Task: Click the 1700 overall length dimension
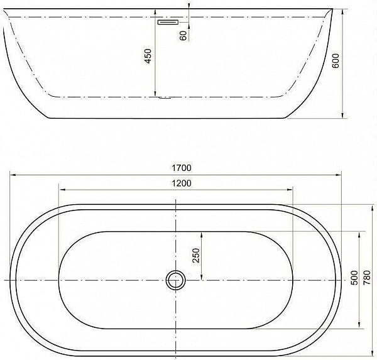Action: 182,168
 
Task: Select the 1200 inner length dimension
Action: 182,183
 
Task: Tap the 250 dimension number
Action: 196,255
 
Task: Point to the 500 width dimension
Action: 354,278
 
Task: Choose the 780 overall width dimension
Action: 367,278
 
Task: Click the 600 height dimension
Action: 336,61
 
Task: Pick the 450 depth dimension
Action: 148,56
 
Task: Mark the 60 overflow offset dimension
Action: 183,36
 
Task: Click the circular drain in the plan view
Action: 176,280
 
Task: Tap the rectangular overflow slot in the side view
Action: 168,22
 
